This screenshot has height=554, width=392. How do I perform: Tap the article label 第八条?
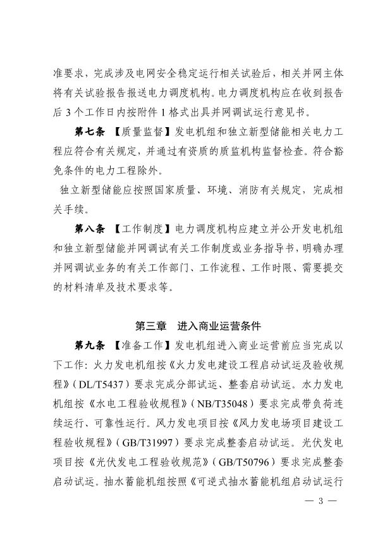pyautogui.click(x=90, y=226)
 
